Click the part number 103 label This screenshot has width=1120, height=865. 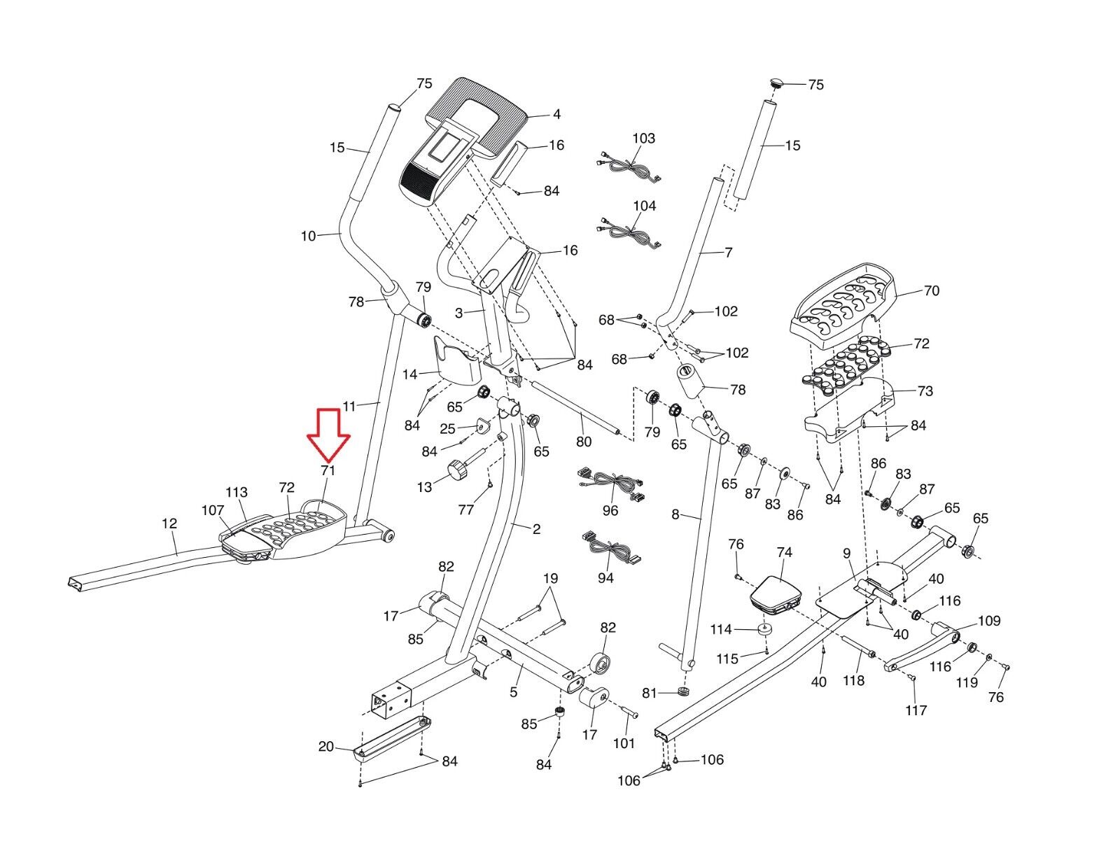point(643,138)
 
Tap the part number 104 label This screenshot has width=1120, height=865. point(644,206)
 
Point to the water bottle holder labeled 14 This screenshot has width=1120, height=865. point(456,360)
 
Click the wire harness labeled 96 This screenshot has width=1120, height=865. point(612,484)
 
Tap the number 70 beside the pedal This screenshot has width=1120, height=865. point(932,290)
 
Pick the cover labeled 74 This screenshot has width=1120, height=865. point(775,596)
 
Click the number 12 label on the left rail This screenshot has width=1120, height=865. point(169,523)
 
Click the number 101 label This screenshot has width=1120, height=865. point(624,743)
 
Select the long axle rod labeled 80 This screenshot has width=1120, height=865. point(573,407)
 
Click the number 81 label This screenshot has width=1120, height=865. point(650,693)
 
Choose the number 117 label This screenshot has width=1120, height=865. point(916,710)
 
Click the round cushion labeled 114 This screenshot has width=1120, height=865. point(765,631)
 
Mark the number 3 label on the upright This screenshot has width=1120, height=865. point(459,313)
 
